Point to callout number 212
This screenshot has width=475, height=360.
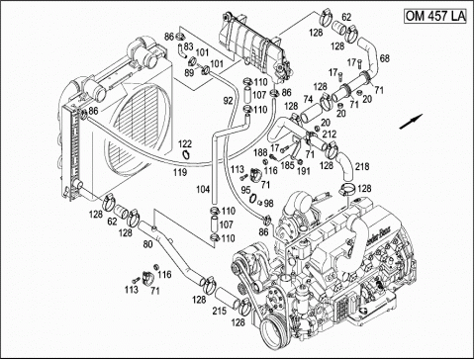[x=330, y=135]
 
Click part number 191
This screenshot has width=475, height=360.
[x=304, y=170]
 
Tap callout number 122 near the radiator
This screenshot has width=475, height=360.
[x=185, y=144]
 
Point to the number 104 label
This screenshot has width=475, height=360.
[x=201, y=187]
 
